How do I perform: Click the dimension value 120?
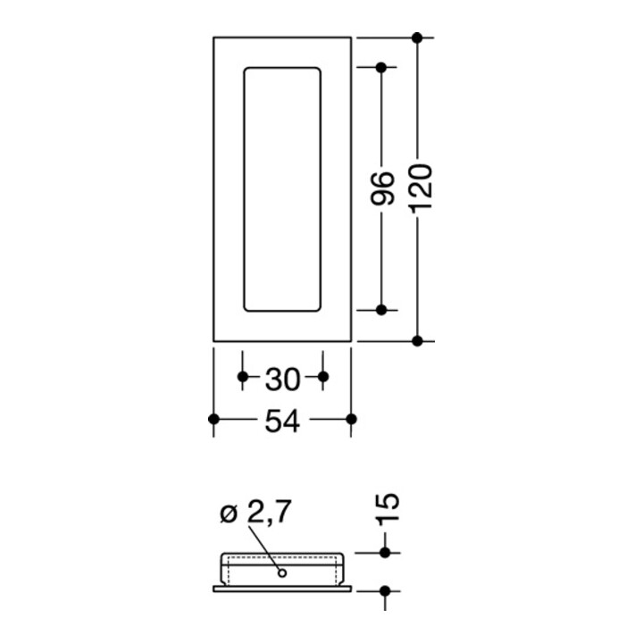(x=422, y=188)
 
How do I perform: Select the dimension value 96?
(x=382, y=188)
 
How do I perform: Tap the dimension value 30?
(x=283, y=380)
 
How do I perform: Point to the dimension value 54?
(x=282, y=422)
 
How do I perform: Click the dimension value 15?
(x=387, y=508)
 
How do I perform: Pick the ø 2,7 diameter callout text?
(x=255, y=512)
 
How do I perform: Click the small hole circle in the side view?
(x=281, y=572)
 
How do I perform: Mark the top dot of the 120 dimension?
(x=417, y=38)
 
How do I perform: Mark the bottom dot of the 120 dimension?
(x=417, y=341)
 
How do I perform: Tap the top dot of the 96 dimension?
(x=381, y=67)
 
